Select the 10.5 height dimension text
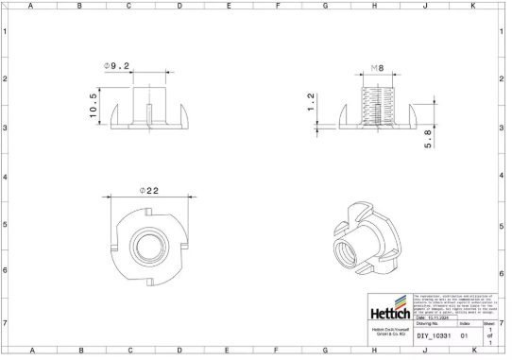(94, 104)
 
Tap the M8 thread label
(376, 69)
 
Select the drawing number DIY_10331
(434, 335)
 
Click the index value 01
(464, 335)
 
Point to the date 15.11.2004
(440, 317)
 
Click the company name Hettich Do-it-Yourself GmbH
(389, 333)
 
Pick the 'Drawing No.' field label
(431, 323)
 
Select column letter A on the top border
(30, 6)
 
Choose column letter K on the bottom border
(472, 351)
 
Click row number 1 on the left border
(5, 31)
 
